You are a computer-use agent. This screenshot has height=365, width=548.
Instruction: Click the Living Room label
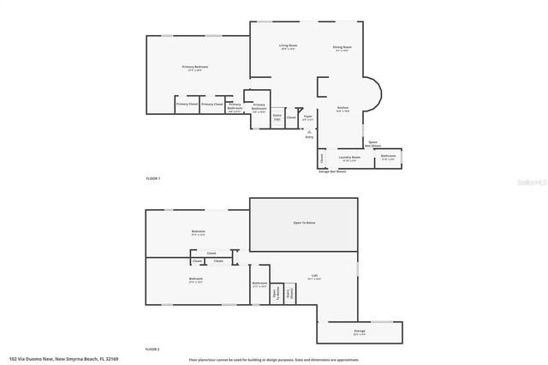(288, 46)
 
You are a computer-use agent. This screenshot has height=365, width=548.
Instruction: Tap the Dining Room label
(342, 47)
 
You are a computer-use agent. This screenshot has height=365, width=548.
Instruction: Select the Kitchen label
(342, 108)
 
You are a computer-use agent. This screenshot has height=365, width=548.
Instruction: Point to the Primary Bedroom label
(195, 68)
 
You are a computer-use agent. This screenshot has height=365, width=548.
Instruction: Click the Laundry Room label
(348, 157)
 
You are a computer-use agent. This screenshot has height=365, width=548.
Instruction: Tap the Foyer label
(307, 117)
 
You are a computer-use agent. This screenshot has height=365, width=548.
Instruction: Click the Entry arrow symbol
(309, 131)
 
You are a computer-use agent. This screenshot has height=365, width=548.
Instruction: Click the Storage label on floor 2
(360, 330)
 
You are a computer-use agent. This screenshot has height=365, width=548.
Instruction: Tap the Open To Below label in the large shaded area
(305, 223)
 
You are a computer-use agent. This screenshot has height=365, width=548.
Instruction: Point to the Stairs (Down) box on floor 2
(290, 293)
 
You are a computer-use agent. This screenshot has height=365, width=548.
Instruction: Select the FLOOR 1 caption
(153, 178)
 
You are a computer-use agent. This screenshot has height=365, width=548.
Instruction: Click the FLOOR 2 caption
(153, 350)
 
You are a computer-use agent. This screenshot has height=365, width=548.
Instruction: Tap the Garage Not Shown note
(332, 171)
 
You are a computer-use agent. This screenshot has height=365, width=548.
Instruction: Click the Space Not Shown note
(374, 144)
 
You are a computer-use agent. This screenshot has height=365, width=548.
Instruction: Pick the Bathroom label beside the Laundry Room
(388, 157)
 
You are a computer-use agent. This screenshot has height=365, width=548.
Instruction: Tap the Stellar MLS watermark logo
(531, 182)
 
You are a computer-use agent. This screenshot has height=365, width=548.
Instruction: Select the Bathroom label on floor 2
(260, 284)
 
